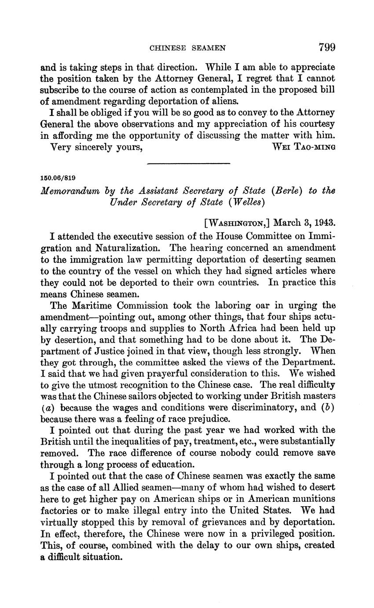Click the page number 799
325,47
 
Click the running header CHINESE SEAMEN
188,48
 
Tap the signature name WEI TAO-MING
304,147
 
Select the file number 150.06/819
58,178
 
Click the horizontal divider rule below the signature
189,164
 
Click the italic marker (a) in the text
46,408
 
